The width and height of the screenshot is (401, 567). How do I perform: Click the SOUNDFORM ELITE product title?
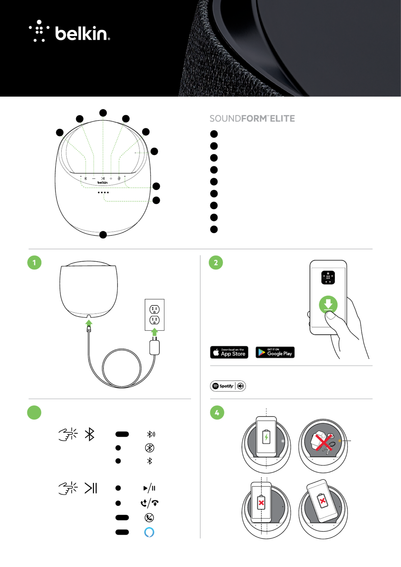(x=252, y=119)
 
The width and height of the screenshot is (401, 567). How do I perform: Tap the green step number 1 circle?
(x=34, y=262)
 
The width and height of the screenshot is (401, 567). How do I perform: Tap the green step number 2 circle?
(x=216, y=262)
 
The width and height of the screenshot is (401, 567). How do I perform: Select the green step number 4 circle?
(x=217, y=413)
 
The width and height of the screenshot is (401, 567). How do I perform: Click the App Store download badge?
(x=229, y=352)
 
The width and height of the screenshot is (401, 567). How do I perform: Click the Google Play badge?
(x=275, y=352)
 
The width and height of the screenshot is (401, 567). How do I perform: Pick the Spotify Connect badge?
(x=228, y=386)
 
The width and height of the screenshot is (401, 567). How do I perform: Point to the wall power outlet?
(x=155, y=315)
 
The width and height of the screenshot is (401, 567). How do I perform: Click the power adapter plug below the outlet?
(x=155, y=346)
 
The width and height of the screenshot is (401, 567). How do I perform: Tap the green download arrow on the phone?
(x=328, y=304)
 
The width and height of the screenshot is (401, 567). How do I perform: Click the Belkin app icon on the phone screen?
(x=328, y=277)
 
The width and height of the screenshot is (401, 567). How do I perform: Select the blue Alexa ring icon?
(x=149, y=532)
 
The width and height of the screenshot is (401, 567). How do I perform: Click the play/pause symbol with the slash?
(x=149, y=488)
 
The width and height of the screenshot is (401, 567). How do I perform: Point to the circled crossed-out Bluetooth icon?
(x=149, y=448)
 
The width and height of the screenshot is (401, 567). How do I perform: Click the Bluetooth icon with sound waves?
(x=151, y=434)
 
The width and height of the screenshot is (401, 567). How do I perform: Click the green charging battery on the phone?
(x=266, y=437)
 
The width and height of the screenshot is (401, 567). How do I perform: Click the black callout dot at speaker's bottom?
(x=103, y=235)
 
